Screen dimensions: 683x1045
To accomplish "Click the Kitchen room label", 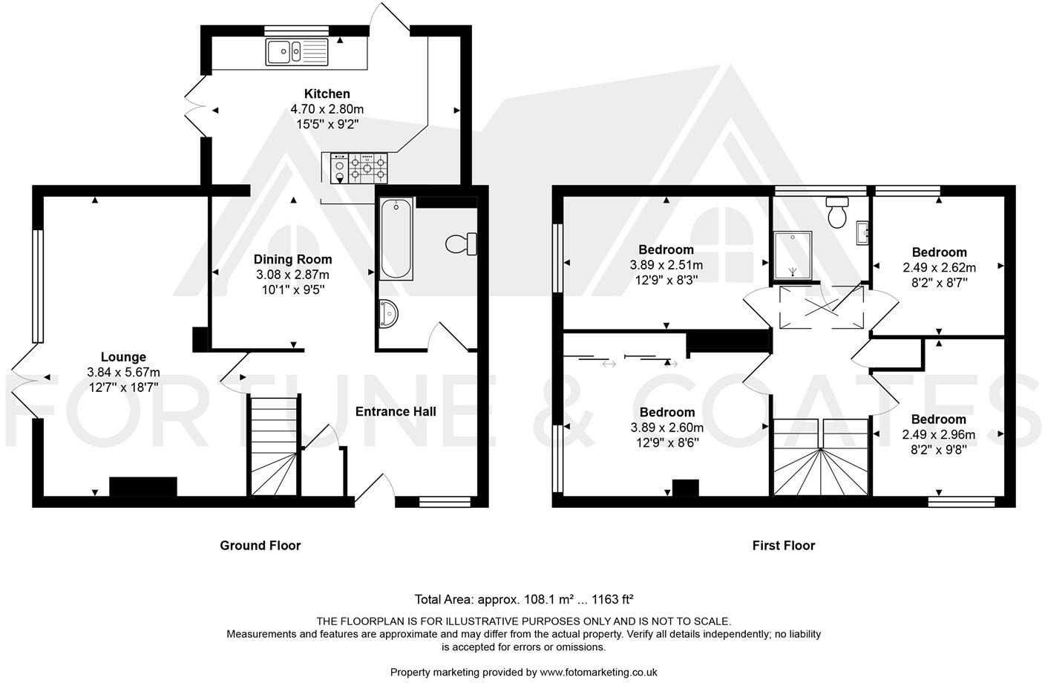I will pyautogui.click(x=327, y=94).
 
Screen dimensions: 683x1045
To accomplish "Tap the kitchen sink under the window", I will pyautogui.click(x=296, y=52).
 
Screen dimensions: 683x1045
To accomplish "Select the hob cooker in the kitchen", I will pyautogui.click(x=359, y=167).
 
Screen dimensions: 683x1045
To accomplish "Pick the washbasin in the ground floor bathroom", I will pyautogui.click(x=388, y=313).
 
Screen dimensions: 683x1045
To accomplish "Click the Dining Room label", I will pyautogui.click(x=292, y=259).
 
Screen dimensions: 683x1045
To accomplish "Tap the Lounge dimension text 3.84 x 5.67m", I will pyautogui.click(x=123, y=372).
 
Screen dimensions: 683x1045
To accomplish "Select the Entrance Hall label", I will pyautogui.click(x=396, y=411).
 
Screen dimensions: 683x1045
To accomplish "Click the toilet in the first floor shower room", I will pyautogui.click(x=838, y=212).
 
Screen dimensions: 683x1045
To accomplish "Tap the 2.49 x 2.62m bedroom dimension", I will pyautogui.click(x=939, y=267).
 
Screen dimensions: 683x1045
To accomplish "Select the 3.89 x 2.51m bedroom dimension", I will pyautogui.click(x=666, y=264).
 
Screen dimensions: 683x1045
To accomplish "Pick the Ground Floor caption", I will pyautogui.click(x=260, y=546).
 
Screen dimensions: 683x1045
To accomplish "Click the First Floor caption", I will pyautogui.click(x=783, y=546).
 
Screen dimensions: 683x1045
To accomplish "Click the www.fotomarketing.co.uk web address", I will pyautogui.click(x=598, y=672).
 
